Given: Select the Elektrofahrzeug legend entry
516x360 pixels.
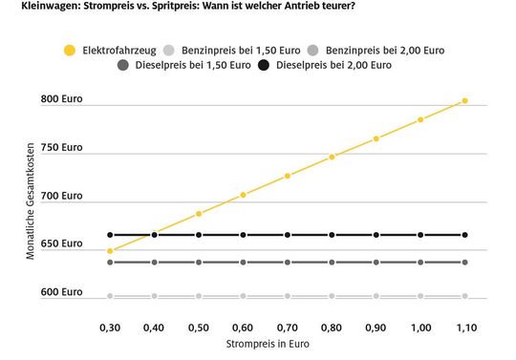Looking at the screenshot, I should click(109, 49).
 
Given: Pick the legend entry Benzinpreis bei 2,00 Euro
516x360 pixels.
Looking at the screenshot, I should click(378, 49).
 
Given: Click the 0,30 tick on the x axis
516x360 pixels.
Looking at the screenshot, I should click(110, 327).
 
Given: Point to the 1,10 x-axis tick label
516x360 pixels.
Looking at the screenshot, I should click(464, 327).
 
